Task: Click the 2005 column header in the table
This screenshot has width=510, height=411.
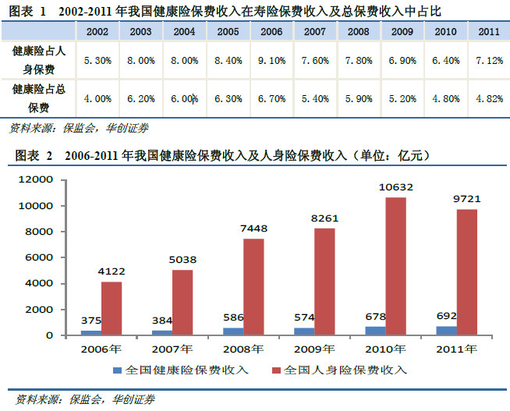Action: pyautogui.click(x=228, y=31)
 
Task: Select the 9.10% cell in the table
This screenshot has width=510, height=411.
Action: pyautogui.click(x=271, y=61)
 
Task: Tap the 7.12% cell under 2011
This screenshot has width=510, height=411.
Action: pyautogui.click(x=489, y=61)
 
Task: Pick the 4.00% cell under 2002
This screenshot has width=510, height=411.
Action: pyautogui.click(x=97, y=98)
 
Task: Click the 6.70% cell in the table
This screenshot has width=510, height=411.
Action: pyautogui.click(x=271, y=98)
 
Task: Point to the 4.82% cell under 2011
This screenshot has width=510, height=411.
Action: pyautogui.click(x=489, y=98)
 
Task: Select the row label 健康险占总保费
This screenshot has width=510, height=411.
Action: pyautogui.click(x=39, y=98)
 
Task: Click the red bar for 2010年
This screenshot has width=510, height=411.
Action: pyautogui.click(x=396, y=266)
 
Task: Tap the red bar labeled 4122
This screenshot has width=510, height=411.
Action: pyautogui.click(x=112, y=308)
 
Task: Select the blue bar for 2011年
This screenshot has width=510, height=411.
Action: pyautogui.click(x=446, y=331)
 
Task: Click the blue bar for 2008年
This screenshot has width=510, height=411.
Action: pyautogui.click(x=233, y=331)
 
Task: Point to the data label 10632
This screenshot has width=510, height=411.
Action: pyautogui.click(x=396, y=187)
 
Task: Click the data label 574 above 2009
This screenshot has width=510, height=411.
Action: pyautogui.click(x=304, y=317)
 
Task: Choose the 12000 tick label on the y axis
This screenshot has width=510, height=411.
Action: pyautogui.click(x=35, y=179)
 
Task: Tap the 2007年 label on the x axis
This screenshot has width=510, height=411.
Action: pyautogui.click(x=172, y=349)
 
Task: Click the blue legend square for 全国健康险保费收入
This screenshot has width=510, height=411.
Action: pyautogui.click(x=117, y=370)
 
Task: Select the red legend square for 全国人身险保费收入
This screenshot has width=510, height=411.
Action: pyautogui.click(x=276, y=370)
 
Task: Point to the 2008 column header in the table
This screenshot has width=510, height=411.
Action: pyautogui.click(x=359, y=31)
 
